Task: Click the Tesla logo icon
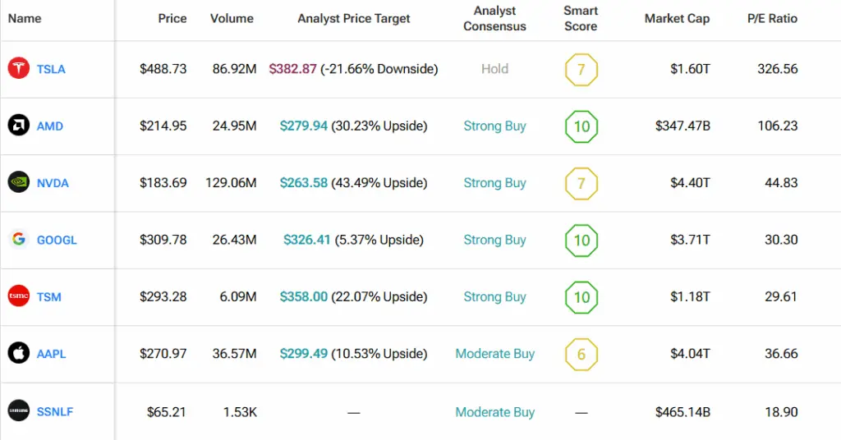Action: tap(19, 69)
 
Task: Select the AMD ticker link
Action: tap(50, 126)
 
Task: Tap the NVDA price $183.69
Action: tap(163, 183)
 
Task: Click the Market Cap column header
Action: tap(677, 18)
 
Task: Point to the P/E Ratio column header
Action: tap(772, 18)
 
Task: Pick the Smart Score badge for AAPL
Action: tap(581, 354)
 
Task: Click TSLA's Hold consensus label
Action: tap(494, 69)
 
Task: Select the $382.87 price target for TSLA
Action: tap(292, 69)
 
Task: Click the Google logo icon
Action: tap(19, 240)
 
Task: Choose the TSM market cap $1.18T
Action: tap(690, 296)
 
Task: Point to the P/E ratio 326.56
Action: tap(777, 69)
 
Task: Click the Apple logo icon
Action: tap(19, 354)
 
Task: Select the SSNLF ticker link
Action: tap(55, 411)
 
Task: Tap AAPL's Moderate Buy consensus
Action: tap(494, 354)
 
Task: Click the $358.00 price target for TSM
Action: tap(304, 296)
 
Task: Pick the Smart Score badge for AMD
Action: tap(581, 126)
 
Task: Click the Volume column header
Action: tap(232, 18)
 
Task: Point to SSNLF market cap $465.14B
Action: tap(682, 411)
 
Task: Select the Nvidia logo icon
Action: tap(19, 183)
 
